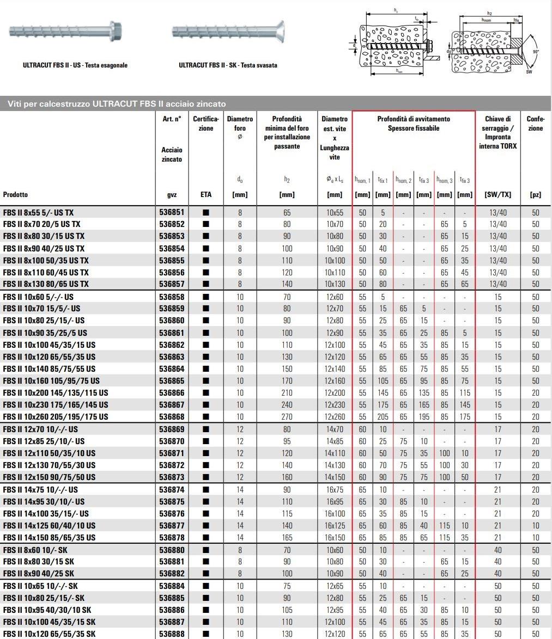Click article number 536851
pyautogui.click(x=171, y=212)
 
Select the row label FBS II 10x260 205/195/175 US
pyautogui.click(x=56, y=417)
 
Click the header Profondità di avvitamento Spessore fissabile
pyautogui.click(x=414, y=124)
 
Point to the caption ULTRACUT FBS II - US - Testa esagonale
pyautogui.click(x=75, y=65)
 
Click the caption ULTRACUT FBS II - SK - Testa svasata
pyautogui.click(x=228, y=65)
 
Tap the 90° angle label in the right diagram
pyautogui.click(x=536, y=52)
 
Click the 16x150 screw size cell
pyautogui.click(x=335, y=538)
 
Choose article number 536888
pyautogui.click(x=171, y=634)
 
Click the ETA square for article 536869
pyautogui.click(x=205, y=429)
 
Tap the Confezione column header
pyautogui.click(x=535, y=124)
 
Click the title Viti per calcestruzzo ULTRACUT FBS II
pyautogui.click(x=117, y=103)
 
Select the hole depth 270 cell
pyautogui.click(x=287, y=417)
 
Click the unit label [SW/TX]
pyautogui.click(x=498, y=194)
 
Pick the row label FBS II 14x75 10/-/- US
pyautogui.click(x=40, y=490)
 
